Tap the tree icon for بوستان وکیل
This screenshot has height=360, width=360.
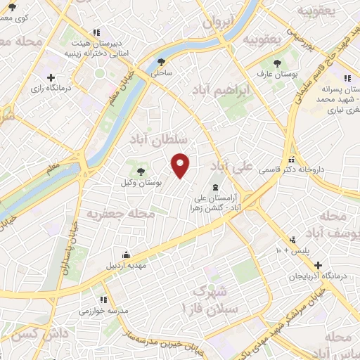pos(140,171)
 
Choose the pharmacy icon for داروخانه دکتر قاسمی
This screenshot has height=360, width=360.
pos(292,160)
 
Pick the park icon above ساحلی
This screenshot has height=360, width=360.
pos(162,62)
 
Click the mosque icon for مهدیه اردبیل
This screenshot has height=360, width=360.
pos(126,255)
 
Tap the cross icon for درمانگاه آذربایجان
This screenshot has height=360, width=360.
pos(319,266)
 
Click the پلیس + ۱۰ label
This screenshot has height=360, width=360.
pos(296,250)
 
